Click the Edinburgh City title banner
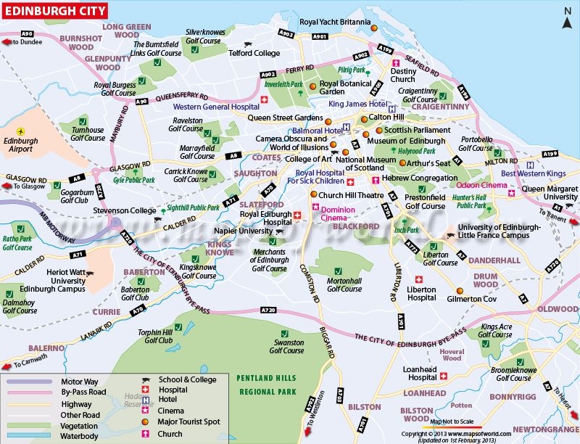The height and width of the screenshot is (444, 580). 54,12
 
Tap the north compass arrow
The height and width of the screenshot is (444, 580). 567,15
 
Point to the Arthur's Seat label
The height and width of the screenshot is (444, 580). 428,163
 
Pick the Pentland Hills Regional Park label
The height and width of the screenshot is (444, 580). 267,385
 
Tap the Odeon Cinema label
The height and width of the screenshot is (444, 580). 481,186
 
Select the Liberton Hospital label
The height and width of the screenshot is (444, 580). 421,293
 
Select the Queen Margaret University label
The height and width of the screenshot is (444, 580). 550,193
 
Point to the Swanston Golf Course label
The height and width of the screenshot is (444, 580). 286,346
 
